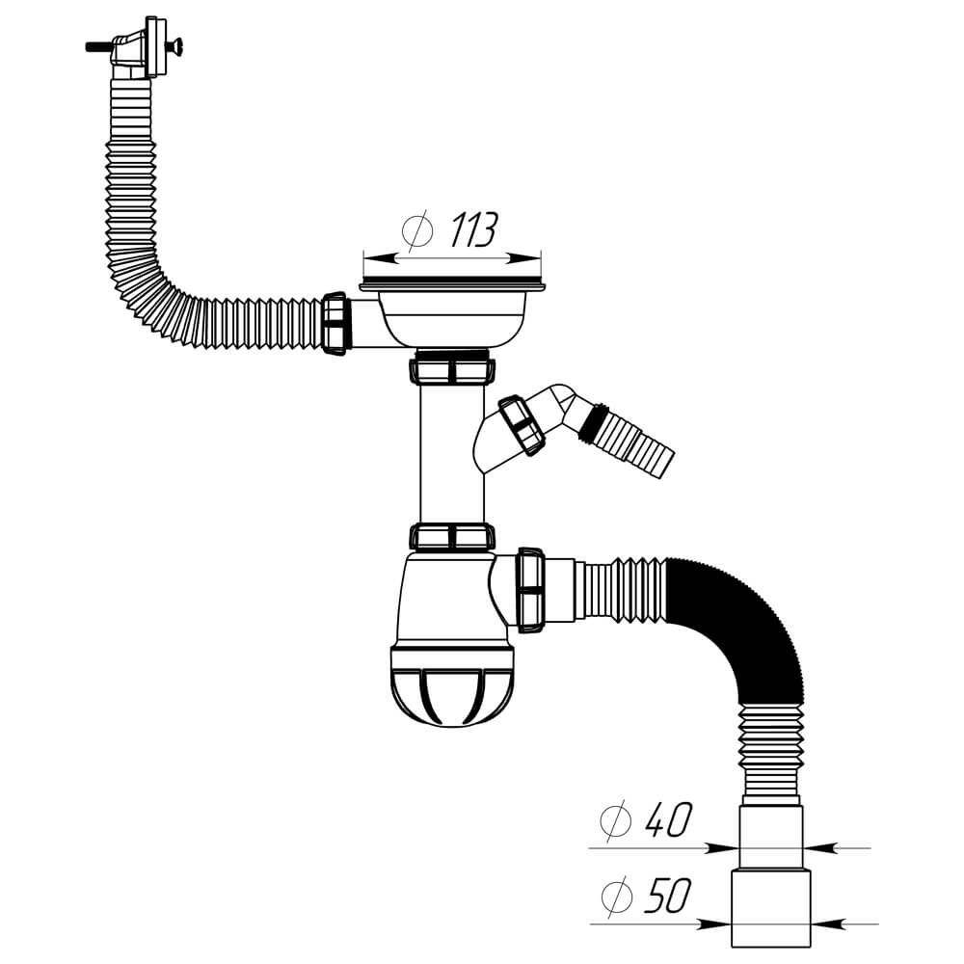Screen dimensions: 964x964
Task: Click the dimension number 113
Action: tap(473, 229)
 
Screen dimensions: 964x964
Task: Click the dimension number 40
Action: tap(669, 818)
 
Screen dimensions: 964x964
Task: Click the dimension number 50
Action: tap(668, 896)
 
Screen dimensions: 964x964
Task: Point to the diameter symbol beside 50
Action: tap(617, 897)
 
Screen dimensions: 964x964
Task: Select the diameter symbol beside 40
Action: tap(616, 820)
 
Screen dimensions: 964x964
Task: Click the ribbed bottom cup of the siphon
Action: tap(452, 685)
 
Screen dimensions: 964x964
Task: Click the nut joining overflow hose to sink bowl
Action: tap(335, 324)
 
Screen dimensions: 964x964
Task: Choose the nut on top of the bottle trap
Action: tap(452, 536)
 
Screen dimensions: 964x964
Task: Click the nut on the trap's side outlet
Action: tap(530, 590)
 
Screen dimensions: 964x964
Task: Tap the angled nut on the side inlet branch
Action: tap(522, 425)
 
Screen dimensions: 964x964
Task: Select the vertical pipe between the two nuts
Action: tap(452, 454)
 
